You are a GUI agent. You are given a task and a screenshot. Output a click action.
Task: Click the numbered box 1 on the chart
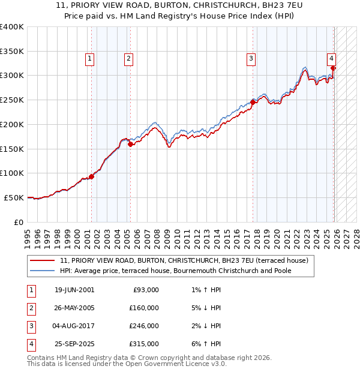click(89, 58)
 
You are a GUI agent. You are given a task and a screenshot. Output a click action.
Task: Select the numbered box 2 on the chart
click(129, 58)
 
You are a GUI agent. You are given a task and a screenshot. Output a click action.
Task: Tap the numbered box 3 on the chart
click(250, 58)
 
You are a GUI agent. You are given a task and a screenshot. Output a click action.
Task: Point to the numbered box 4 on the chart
click(331, 58)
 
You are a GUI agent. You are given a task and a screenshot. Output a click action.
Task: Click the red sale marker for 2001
click(92, 176)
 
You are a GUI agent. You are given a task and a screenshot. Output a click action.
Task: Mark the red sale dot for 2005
click(131, 144)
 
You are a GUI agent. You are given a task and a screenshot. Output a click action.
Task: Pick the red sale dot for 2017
click(253, 102)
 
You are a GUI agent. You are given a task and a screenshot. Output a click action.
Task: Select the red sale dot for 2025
click(334, 68)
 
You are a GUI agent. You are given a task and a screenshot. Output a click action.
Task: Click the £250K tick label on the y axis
click(12, 100)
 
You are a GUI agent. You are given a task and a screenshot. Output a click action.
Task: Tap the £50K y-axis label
click(14, 197)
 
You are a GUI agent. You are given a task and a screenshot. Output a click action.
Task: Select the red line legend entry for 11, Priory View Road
click(184, 260)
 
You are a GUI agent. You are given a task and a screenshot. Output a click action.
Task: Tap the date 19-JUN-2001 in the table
click(74, 290)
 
